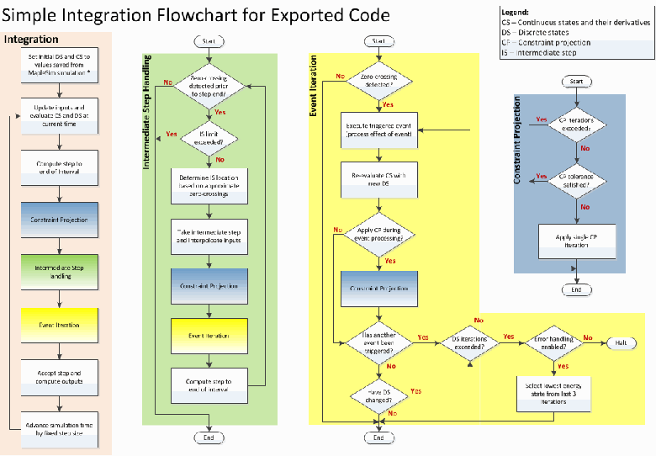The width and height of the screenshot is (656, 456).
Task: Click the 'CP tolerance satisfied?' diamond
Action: tap(576, 180)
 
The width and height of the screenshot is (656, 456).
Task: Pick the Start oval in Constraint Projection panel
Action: tap(576, 82)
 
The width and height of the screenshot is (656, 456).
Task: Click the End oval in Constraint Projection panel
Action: tap(576, 289)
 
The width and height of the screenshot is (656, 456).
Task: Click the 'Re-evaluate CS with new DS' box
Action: tap(378, 179)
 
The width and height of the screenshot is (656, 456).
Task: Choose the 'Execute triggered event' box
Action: tap(378, 130)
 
